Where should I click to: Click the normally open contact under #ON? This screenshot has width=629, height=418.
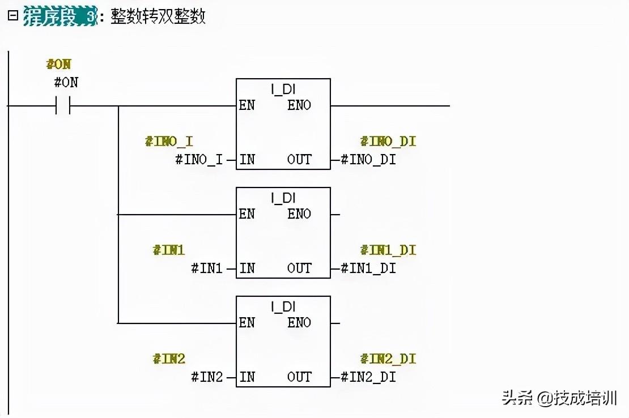tap(63, 105)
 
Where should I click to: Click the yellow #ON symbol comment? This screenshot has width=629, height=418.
tap(58, 64)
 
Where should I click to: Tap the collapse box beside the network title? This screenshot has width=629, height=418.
tap(13, 16)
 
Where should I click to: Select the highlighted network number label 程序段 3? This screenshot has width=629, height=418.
tap(60, 16)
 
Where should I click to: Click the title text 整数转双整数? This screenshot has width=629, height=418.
tap(158, 16)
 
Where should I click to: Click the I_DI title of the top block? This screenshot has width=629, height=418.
tap(283, 89)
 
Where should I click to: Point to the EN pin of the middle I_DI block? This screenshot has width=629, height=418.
tap(246, 214)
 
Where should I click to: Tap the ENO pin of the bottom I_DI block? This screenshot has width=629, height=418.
tap(299, 322)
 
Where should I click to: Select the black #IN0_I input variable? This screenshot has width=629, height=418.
tap(199, 160)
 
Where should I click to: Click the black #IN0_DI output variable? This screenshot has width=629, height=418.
tap(368, 160)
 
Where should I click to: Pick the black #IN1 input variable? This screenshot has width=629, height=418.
tap(207, 268)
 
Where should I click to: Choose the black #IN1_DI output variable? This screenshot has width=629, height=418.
tap(368, 268)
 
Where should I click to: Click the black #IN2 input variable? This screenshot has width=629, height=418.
tap(207, 376)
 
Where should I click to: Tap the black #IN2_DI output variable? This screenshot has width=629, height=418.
tap(368, 377)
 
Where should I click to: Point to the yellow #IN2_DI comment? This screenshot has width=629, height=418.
tap(388, 359)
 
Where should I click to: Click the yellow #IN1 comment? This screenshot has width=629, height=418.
tap(168, 250)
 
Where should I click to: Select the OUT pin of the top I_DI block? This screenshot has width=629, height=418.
tap(299, 160)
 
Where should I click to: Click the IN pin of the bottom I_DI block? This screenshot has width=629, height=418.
tap(247, 377)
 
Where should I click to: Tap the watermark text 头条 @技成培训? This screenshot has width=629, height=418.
tap(559, 398)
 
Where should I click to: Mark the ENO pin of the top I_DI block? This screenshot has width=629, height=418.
tap(299, 105)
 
